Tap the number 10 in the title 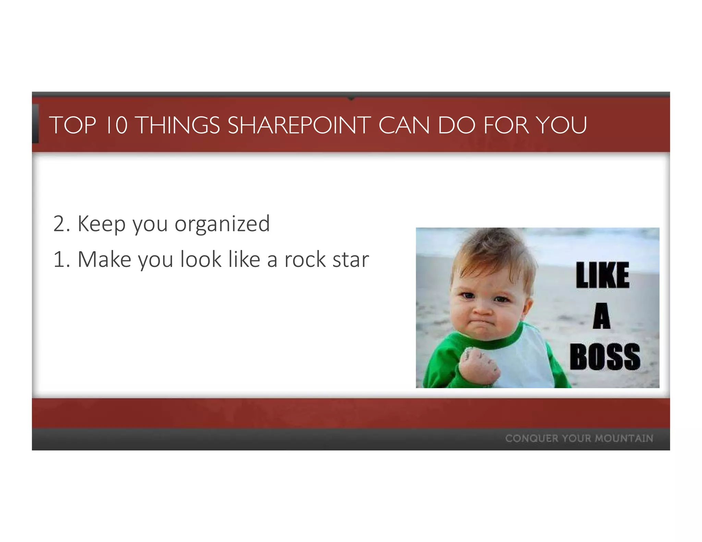pyautogui.click(x=117, y=125)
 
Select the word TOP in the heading pyautogui.click(x=73, y=125)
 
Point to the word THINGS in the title pyautogui.click(x=179, y=125)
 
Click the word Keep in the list pyautogui.click(x=102, y=224)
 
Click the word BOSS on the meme pyautogui.click(x=605, y=357)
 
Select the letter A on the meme pyautogui.click(x=602, y=316)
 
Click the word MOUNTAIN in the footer pyautogui.click(x=624, y=439)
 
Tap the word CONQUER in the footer pyautogui.click(x=532, y=439)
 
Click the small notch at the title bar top pyautogui.click(x=351, y=98)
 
